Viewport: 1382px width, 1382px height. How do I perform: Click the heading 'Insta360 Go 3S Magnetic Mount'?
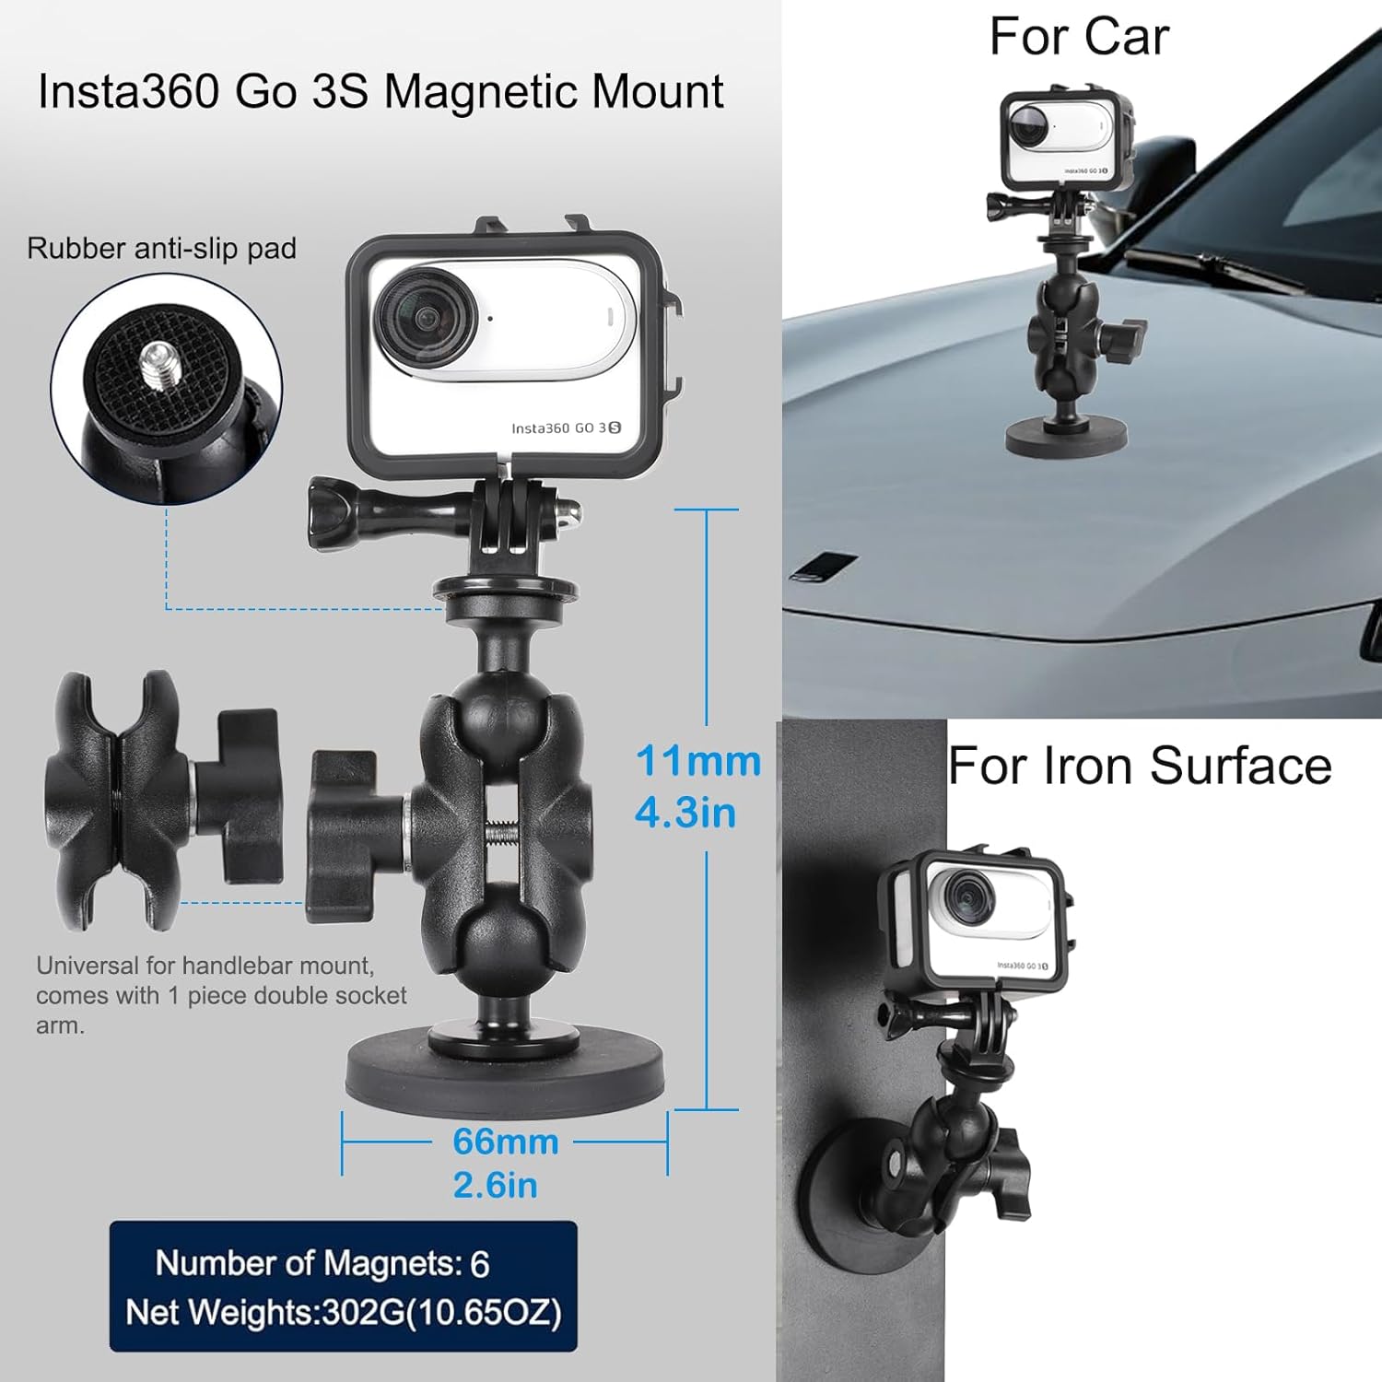(380, 92)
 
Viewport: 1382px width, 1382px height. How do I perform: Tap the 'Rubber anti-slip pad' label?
(161, 249)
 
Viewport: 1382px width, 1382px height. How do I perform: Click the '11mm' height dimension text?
(697, 762)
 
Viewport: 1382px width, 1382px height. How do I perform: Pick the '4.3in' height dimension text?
(685, 814)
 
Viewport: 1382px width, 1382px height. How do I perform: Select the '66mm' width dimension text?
(505, 1142)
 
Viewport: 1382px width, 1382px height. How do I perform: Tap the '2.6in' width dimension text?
(495, 1185)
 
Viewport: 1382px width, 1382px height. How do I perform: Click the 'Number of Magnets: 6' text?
(322, 1263)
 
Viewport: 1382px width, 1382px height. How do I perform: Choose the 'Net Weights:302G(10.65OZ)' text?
(343, 1312)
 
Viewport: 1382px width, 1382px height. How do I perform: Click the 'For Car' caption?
(1078, 38)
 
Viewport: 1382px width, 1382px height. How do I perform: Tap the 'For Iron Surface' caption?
(1140, 766)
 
